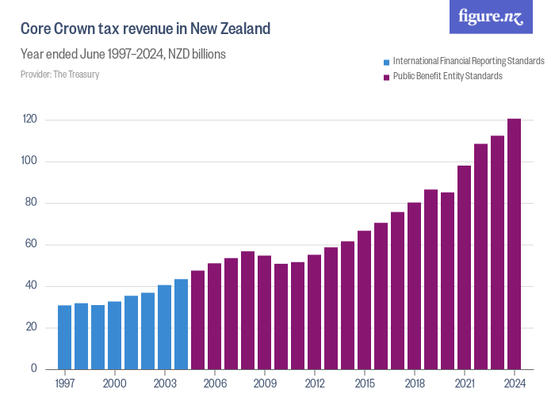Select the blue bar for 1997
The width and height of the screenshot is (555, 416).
tap(65, 337)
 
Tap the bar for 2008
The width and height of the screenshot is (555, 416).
tap(248, 310)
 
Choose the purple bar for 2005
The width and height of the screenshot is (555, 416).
tap(198, 320)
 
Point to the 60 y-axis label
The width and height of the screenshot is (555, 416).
tap(33, 245)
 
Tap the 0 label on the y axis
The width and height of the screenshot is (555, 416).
tap(35, 369)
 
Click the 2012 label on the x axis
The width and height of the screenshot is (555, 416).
tap(315, 384)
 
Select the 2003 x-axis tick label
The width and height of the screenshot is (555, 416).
tap(165, 384)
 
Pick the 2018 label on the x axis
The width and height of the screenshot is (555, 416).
tap(415, 384)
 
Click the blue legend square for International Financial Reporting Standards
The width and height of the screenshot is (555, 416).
tap(386, 62)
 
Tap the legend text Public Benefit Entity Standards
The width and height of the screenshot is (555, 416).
tap(448, 77)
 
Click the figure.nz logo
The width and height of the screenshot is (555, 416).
tap(491, 17)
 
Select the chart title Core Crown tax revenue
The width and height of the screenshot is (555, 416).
tap(146, 29)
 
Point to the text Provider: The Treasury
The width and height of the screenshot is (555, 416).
tap(59, 74)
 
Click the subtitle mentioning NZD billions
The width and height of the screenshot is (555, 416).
tap(124, 55)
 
